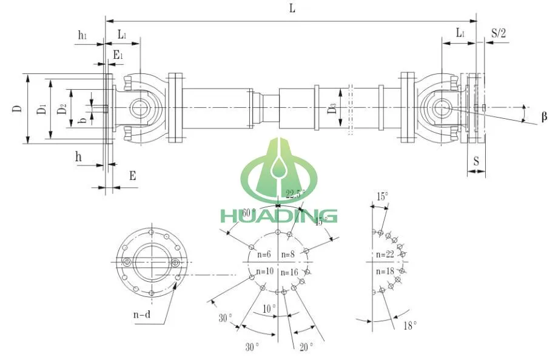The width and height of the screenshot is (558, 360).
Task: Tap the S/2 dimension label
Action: click(x=498, y=33)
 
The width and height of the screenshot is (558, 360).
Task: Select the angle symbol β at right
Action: click(x=544, y=116)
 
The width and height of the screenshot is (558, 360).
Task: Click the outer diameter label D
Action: click(x=18, y=109)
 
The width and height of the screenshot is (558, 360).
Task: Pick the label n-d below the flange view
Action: click(x=142, y=315)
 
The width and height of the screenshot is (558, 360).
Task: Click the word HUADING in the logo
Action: click(x=278, y=215)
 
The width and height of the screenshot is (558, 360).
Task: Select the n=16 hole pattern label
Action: click(x=290, y=273)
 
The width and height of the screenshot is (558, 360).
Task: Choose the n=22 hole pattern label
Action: click(x=386, y=255)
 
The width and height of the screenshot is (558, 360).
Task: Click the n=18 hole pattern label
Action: click(x=386, y=271)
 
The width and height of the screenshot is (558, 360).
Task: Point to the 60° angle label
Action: click(x=232, y=213)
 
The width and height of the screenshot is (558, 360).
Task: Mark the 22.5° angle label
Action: click(x=295, y=194)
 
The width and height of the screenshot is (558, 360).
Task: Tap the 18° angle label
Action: click(x=411, y=326)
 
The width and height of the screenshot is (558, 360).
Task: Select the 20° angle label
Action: click(x=306, y=347)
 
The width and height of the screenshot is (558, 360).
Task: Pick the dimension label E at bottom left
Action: click(x=132, y=176)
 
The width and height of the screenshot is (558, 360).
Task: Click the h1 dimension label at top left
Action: click(x=82, y=35)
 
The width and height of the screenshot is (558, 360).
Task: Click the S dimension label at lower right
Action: click(x=476, y=162)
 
